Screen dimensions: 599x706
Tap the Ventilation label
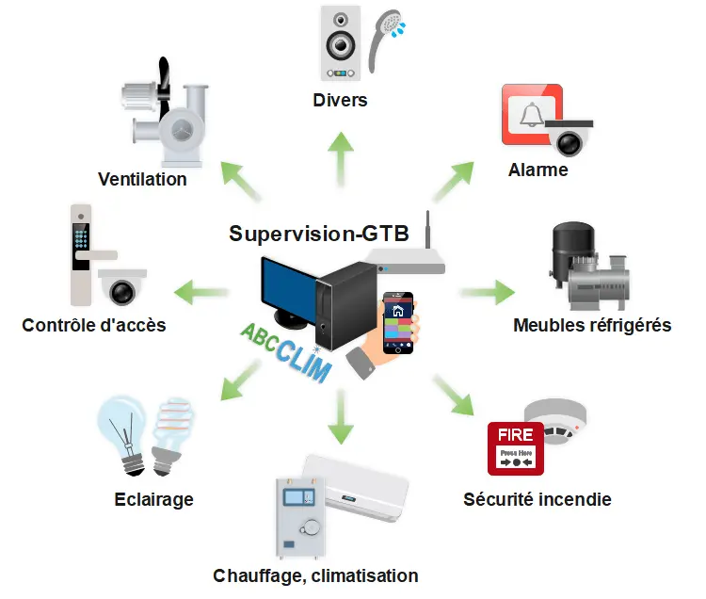click(x=142, y=179)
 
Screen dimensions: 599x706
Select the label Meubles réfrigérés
click(x=592, y=326)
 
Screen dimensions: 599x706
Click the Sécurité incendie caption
click(x=538, y=499)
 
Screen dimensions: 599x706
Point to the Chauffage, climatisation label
click(x=315, y=575)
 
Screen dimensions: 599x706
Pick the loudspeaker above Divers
click(x=340, y=44)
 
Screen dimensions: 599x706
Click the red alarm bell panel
click(x=531, y=115)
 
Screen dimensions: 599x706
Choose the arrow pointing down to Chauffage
click(x=340, y=418)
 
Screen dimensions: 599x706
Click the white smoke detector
click(x=555, y=418)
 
